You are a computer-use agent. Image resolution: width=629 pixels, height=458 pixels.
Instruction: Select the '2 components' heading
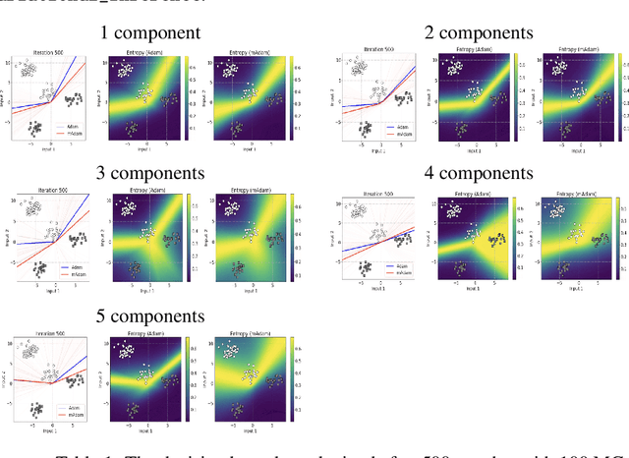pyautogui.click(x=479, y=32)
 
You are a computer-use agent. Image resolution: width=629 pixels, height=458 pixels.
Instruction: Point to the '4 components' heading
pyautogui.click(x=479, y=175)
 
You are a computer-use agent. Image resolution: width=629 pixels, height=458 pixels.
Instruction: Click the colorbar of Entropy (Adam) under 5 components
pyautogui.click(x=190, y=375)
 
